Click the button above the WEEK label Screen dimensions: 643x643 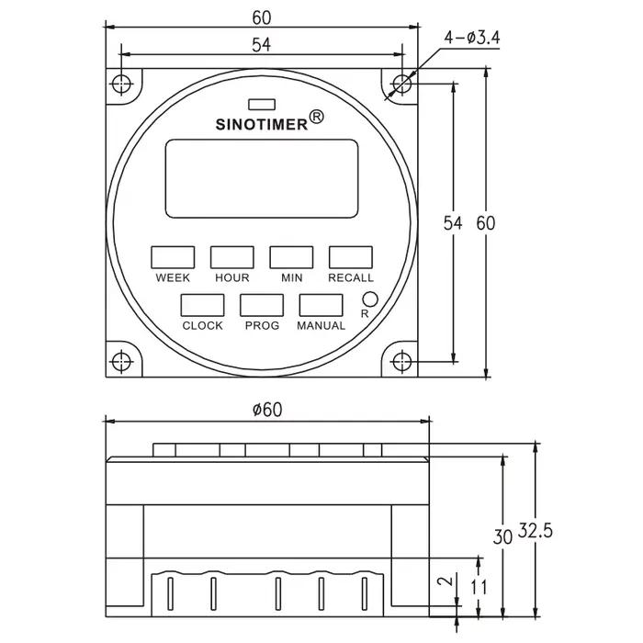tap(173, 257)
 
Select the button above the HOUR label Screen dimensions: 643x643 tap(232, 257)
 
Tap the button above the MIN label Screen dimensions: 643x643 tap(291, 257)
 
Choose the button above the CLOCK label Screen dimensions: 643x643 tap(203, 305)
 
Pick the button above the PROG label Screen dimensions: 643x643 tap(262, 305)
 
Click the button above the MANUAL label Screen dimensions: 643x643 tap(321, 305)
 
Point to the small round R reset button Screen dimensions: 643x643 tap(370, 299)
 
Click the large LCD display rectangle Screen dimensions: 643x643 tap(262, 178)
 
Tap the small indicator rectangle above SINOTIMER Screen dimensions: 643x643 tap(262, 105)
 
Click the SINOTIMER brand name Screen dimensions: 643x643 tap(262, 125)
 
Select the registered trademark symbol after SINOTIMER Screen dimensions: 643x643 tap(316, 117)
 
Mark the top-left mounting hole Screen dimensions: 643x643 tap(121, 85)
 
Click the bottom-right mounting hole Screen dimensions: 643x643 tap(402, 362)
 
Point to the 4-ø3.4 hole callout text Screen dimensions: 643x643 tap(472, 39)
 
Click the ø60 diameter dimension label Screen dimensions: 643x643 tap(268, 410)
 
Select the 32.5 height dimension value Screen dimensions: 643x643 tap(536, 531)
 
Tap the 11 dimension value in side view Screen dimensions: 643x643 tap(479, 587)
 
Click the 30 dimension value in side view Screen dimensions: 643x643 tap(502, 536)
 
